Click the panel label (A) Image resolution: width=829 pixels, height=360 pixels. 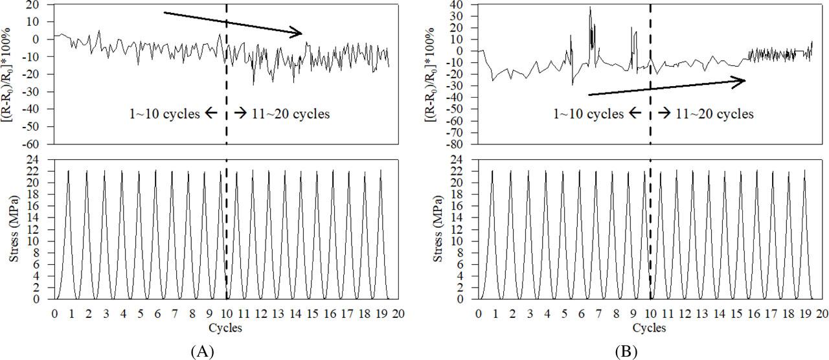tap(202, 352)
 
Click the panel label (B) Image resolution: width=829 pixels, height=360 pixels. tap(627, 352)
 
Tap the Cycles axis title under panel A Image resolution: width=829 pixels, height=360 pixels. tap(226, 328)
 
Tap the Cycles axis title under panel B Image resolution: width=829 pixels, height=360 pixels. tap(650, 328)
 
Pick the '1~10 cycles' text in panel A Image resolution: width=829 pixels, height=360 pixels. tap(164, 115)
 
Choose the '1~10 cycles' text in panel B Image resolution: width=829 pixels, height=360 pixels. tap(587, 114)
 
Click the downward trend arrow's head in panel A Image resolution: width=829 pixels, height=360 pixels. tap(300, 33)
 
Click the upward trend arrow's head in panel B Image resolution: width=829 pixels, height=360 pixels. tap(743, 80)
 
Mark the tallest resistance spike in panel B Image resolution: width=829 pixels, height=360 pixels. tap(590, 8)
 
